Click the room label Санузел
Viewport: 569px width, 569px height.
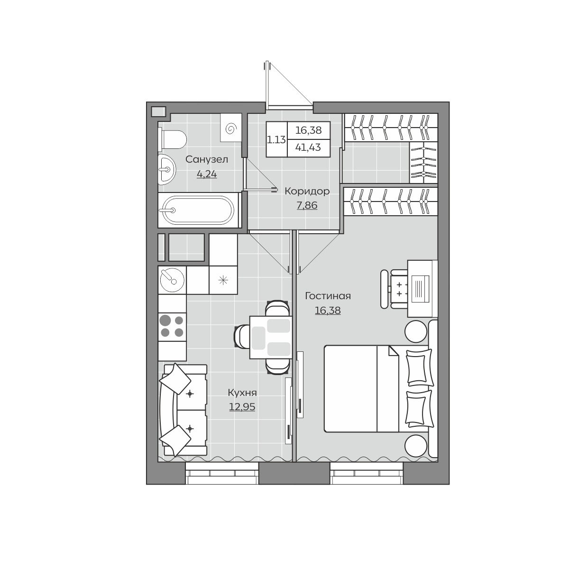point(207,160)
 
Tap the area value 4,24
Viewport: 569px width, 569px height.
point(207,174)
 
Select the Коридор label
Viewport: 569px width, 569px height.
point(307,192)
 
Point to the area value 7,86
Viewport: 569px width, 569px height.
point(307,205)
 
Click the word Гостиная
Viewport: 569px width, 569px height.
point(328,296)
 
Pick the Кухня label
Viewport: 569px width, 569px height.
point(242,393)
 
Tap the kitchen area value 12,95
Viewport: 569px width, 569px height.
point(242,407)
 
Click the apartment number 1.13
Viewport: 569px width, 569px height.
point(276,139)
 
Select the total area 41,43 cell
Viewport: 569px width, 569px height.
point(308,147)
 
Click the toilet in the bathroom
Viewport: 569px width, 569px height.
point(172,139)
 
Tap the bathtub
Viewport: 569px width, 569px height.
point(198,210)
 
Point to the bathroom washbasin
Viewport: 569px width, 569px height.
point(167,169)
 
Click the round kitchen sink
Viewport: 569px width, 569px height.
point(172,280)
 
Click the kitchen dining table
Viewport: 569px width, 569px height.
point(271,337)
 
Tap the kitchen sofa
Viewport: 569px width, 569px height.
point(183,411)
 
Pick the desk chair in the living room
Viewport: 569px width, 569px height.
point(395,289)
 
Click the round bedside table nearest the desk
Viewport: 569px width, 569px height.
point(416,331)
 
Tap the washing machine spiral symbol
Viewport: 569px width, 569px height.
point(231,129)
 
